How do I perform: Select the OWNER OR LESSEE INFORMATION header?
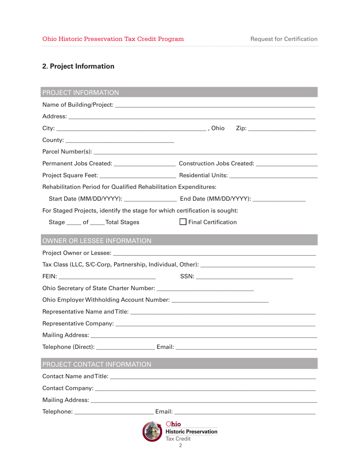[97, 240]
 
